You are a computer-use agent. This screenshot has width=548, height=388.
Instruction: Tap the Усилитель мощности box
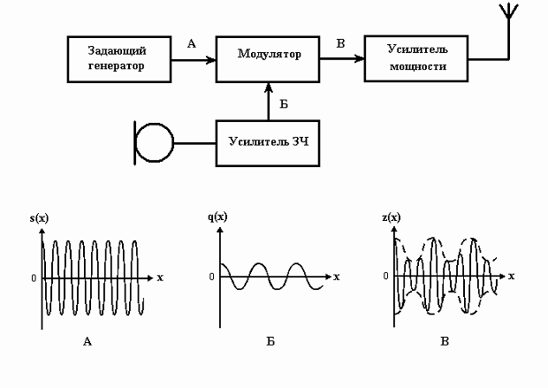click(x=415, y=58)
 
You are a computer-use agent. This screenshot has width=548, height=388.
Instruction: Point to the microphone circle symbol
click(x=156, y=141)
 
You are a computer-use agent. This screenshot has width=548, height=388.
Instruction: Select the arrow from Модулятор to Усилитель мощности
click(x=341, y=60)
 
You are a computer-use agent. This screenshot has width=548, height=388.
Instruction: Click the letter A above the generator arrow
click(x=192, y=42)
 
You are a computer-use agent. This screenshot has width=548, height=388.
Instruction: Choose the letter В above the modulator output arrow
click(x=340, y=42)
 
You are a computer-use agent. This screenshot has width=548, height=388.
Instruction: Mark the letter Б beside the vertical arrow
click(x=283, y=103)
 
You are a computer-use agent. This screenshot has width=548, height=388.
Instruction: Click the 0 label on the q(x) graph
click(x=212, y=277)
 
